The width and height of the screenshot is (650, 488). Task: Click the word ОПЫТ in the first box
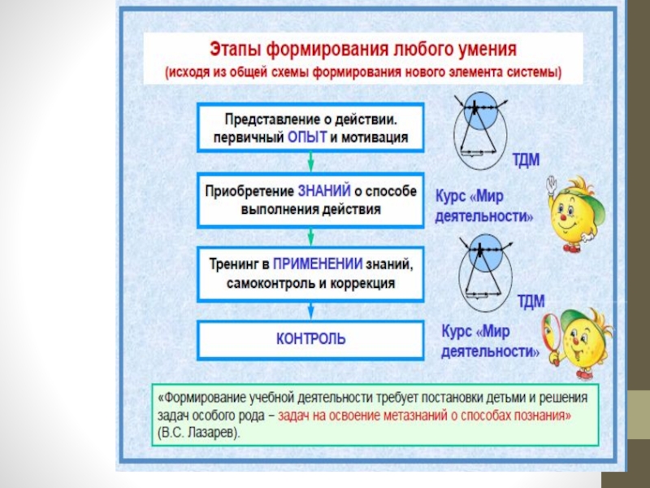(x=307, y=137)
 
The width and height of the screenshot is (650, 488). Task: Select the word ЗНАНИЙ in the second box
(x=324, y=190)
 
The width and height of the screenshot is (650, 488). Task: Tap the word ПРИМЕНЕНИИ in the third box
(x=318, y=264)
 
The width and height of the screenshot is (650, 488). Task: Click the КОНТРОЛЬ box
(x=310, y=338)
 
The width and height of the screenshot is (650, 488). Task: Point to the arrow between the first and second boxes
(x=310, y=162)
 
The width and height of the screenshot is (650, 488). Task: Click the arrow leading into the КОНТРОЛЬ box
(x=310, y=310)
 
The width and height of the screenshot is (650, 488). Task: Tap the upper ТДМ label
(x=528, y=159)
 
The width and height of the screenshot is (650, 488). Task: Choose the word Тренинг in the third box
(x=233, y=264)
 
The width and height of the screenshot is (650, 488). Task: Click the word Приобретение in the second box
(x=249, y=190)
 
